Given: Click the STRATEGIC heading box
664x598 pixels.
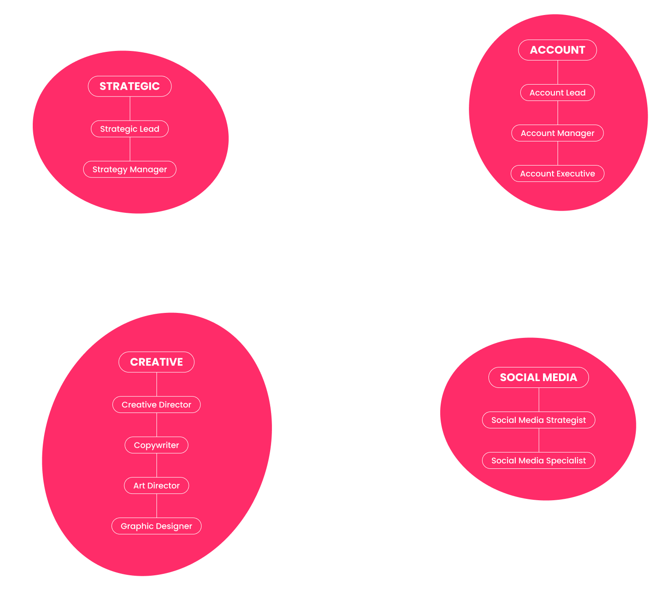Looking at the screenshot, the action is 130,86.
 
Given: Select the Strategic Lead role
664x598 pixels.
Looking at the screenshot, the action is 130,129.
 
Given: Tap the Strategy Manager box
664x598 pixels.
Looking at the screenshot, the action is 130,169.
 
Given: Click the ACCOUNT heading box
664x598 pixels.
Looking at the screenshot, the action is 558,50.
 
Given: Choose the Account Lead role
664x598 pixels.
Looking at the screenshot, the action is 558,92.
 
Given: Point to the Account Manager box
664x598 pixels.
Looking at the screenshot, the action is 558,133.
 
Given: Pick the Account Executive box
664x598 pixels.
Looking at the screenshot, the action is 558,173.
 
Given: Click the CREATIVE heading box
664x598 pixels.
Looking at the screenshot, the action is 156,362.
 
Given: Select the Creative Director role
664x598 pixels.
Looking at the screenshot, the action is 156,404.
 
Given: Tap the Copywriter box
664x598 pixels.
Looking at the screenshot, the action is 156,445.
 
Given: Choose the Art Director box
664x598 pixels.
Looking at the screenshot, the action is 156,485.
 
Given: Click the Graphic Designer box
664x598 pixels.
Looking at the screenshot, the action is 156,526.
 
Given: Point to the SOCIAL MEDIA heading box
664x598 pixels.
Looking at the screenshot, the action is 538,377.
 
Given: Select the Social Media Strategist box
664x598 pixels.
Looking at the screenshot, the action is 538,420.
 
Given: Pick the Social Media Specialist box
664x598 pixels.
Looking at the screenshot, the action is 538,460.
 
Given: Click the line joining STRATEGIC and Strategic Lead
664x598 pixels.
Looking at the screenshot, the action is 130,109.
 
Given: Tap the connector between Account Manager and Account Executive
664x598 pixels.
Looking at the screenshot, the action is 558,153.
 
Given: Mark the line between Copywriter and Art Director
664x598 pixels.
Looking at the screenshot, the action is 156,465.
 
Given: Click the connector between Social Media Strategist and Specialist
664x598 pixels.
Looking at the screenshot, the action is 539,440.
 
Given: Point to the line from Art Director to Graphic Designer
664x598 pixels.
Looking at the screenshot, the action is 156,506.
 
